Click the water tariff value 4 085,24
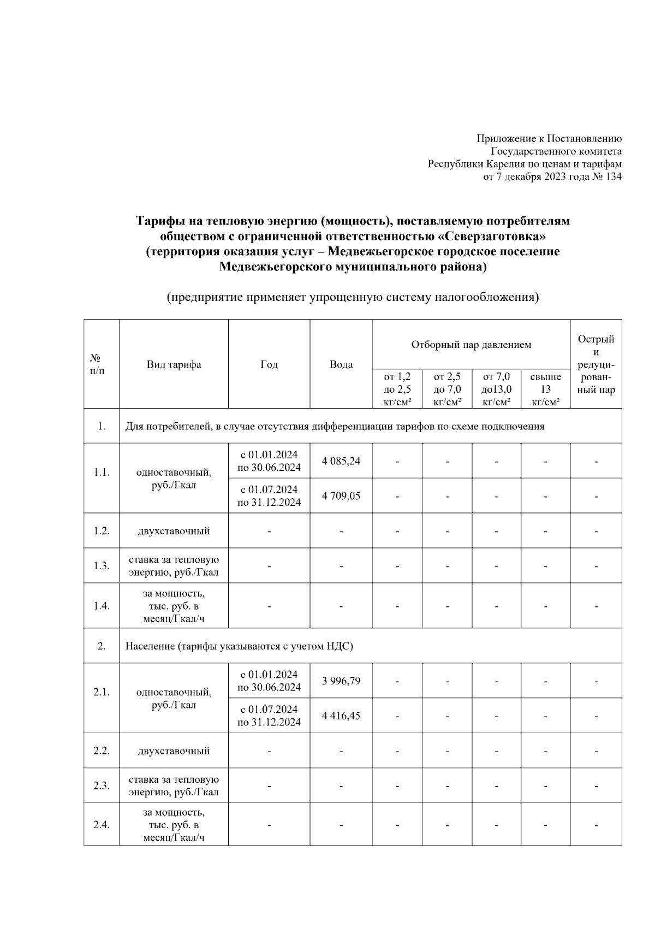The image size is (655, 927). [x=341, y=461]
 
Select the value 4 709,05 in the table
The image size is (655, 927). [x=341, y=496]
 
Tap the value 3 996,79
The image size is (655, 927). [x=341, y=681]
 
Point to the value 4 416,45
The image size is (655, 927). [x=341, y=716]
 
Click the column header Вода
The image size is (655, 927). [x=341, y=364]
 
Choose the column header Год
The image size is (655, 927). [x=269, y=364]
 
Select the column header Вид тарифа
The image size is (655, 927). [x=174, y=364]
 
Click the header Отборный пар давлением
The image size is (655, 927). [x=471, y=345]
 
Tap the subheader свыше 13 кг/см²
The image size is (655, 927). [x=545, y=389]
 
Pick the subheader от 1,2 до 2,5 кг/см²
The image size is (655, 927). [x=397, y=389]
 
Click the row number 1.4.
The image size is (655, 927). [x=102, y=606]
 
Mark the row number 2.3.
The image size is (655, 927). [x=102, y=786]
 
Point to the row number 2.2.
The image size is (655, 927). [x=102, y=751]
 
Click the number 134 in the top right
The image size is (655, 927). [x=613, y=176]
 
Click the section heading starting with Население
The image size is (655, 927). [x=239, y=646]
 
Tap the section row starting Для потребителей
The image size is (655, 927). [x=335, y=427]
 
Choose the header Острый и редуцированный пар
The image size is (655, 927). [x=596, y=364]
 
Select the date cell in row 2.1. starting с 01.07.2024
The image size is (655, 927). [x=269, y=716]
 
